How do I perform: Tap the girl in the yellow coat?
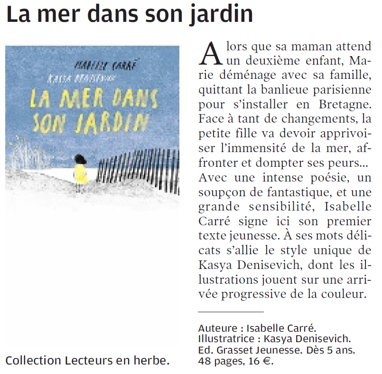point(80,173)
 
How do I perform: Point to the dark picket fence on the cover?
point(138,166)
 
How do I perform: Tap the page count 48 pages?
point(219,362)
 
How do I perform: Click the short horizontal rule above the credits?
point(230,312)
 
